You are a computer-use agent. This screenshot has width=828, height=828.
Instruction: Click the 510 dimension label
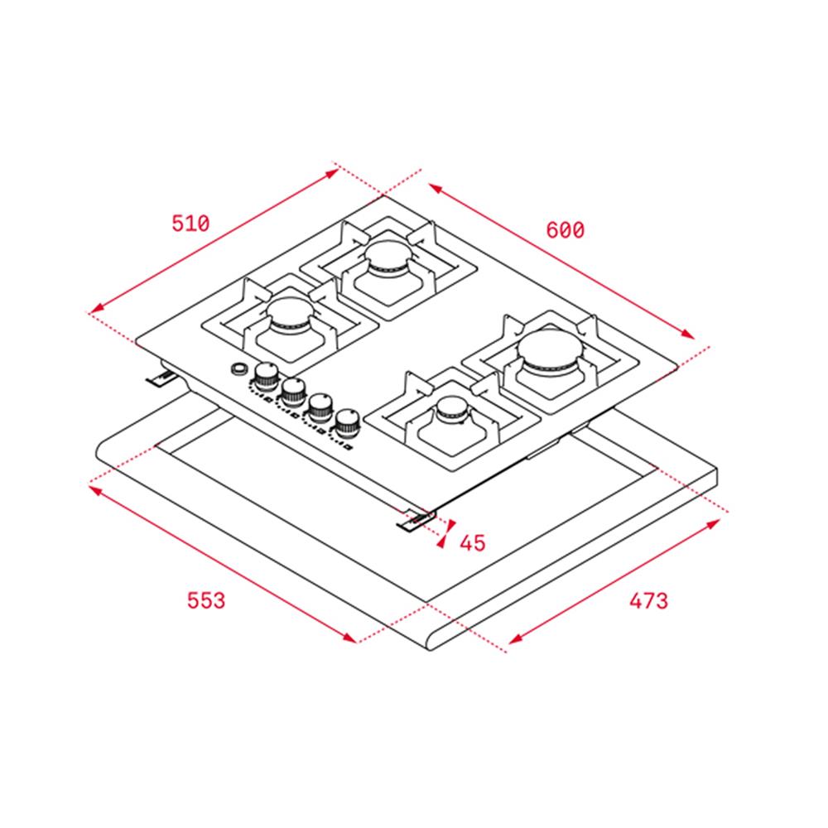point(190,224)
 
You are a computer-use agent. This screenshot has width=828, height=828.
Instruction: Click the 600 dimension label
point(565,230)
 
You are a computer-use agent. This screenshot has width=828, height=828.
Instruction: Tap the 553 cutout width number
point(206,600)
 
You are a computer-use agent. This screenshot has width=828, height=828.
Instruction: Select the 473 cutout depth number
point(648,600)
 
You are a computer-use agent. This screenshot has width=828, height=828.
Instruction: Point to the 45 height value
point(472,543)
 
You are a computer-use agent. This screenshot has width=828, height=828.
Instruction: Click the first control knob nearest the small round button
point(267,376)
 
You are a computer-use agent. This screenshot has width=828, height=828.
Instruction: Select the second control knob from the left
point(294,392)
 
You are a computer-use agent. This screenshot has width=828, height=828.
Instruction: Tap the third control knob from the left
point(320,407)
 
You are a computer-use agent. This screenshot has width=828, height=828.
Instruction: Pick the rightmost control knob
point(347,422)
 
